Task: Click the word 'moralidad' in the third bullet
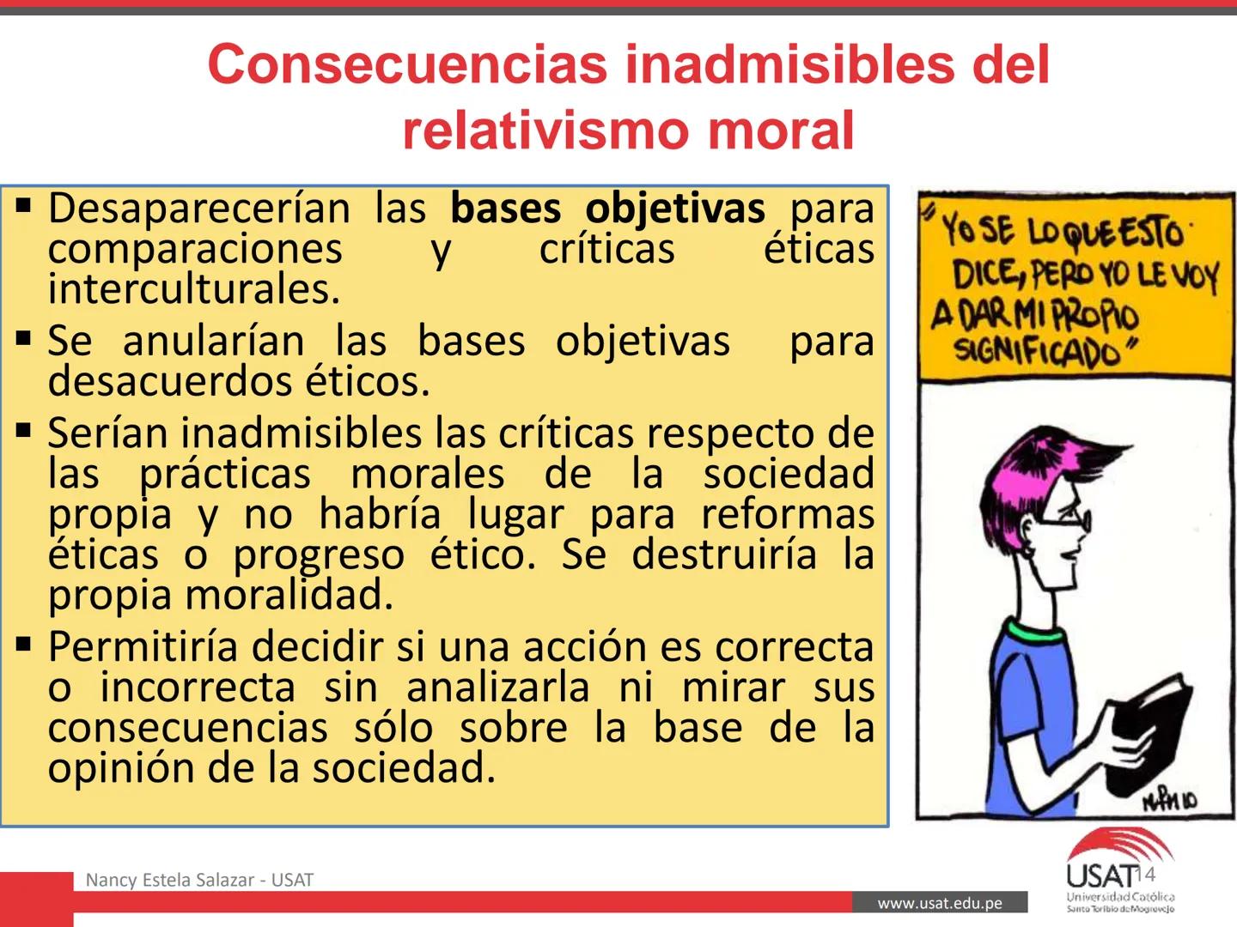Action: pos(289,595)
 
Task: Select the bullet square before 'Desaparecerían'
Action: pos(23,205)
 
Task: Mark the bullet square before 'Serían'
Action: pos(23,429)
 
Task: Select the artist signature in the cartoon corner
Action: pos(1170,800)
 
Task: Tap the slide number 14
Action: pos(1146,875)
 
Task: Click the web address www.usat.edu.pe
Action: pos(940,903)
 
